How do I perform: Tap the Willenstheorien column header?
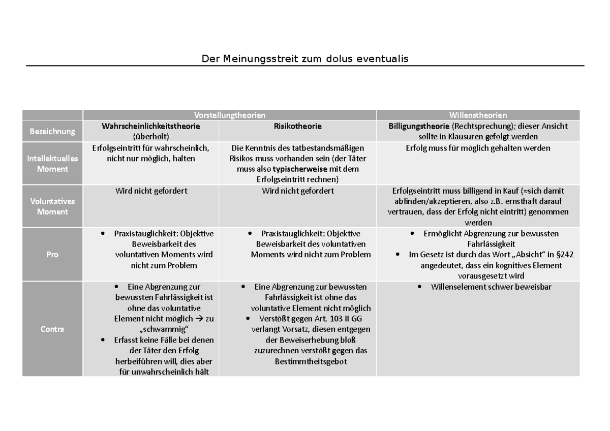pyautogui.click(x=478, y=115)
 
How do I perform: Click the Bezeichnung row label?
pyautogui.click(x=52, y=131)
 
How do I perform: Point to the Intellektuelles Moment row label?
pyautogui.click(x=52, y=164)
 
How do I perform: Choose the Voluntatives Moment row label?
pyautogui.click(x=52, y=206)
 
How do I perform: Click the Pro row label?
pyautogui.click(x=52, y=255)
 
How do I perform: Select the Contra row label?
pyautogui.click(x=52, y=329)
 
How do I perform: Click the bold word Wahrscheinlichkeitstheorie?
pyautogui.click(x=151, y=126)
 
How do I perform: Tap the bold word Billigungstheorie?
pyautogui.click(x=419, y=126)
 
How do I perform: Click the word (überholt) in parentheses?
pyautogui.click(x=150, y=137)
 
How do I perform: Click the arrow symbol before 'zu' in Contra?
pyautogui.click(x=201, y=319)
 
